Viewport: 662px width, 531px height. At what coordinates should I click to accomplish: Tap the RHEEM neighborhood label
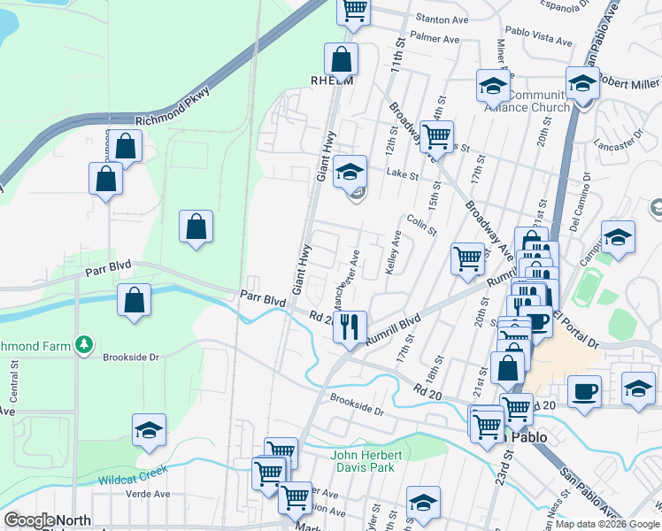(332, 80)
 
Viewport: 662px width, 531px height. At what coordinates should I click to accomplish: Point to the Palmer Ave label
(435, 39)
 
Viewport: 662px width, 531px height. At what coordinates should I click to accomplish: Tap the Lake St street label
(402, 175)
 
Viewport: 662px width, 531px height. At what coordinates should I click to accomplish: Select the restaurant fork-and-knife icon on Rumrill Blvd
(350, 327)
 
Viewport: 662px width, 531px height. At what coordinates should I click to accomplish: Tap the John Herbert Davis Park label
(367, 461)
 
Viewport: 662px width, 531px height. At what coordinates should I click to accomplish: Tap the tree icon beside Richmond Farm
(83, 343)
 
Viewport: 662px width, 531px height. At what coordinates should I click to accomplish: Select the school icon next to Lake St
(350, 170)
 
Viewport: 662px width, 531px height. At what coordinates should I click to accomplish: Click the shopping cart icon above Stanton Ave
(354, 9)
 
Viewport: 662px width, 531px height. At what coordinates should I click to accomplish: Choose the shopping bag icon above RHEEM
(341, 59)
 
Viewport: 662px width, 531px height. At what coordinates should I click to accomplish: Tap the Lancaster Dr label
(619, 142)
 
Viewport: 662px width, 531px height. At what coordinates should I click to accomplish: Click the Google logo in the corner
(29, 520)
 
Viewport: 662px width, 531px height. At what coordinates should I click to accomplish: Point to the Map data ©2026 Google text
(607, 524)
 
